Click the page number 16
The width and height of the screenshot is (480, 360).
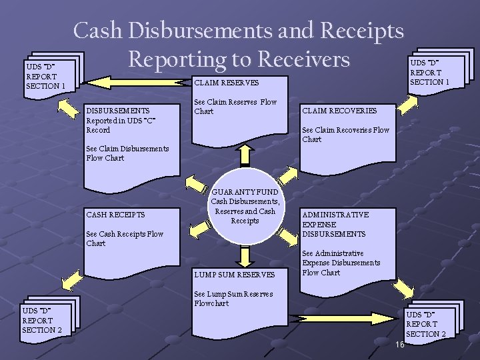pos(399,345)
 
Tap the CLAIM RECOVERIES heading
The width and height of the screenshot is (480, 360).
pos(339,111)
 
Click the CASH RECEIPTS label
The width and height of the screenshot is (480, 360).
pos(115,215)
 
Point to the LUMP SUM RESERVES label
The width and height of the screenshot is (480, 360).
pos(234,275)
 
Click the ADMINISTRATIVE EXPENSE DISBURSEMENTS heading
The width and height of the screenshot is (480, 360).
pos(335,225)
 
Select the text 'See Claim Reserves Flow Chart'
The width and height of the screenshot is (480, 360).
pos(235,107)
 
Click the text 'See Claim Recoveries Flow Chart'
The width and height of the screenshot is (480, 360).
pos(345,135)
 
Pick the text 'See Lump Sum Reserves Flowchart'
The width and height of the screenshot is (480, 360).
pos(233,299)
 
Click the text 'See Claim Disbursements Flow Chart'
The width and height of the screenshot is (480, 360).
pos(127,153)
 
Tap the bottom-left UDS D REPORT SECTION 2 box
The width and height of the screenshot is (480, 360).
pos(43,321)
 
